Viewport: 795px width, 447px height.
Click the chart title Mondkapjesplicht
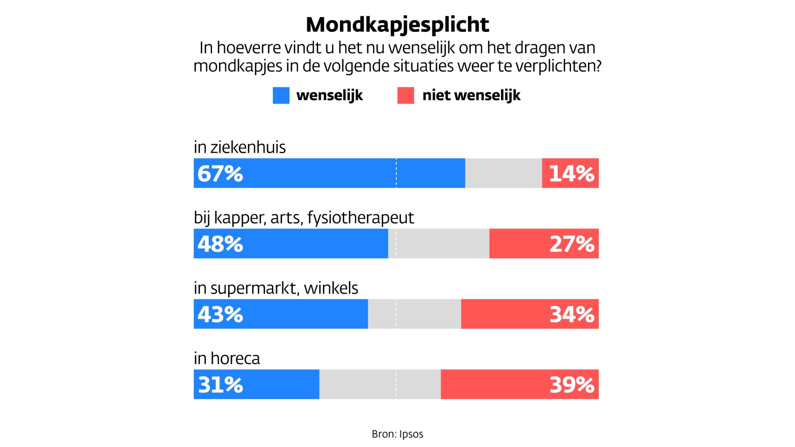click(x=397, y=25)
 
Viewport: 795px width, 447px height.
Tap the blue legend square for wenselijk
click(x=281, y=95)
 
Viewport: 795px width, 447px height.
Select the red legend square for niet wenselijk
click(x=406, y=95)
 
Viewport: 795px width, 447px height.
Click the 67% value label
click(x=220, y=173)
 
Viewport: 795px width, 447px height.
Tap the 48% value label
click(x=220, y=244)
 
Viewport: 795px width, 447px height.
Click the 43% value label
click(x=220, y=314)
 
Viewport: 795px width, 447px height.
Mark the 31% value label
click(x=220, y=385)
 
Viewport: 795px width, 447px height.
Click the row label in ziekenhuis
click(x=240, y=147)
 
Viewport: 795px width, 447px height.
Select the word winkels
click(x=331, y=288)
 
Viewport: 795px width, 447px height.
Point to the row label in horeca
click(x=227, y=358)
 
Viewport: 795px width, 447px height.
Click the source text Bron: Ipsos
click(x=397, y=434)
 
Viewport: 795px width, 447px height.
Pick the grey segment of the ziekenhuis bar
click(x=503, y=173)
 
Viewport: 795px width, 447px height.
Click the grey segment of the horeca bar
click(x=380, y=384)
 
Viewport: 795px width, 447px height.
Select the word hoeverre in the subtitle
click(x=249, y=48)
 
